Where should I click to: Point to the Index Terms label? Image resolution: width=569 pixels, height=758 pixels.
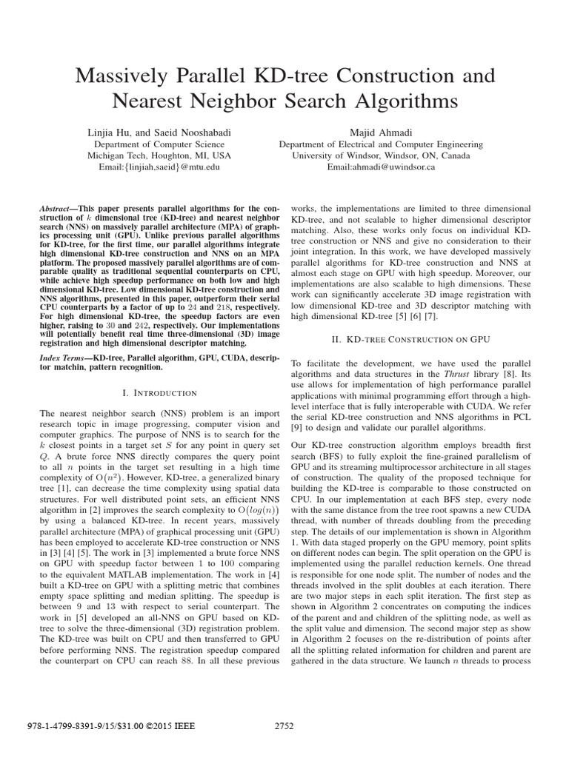[64, 358]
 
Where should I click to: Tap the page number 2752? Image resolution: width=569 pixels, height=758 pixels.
[284, 726]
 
